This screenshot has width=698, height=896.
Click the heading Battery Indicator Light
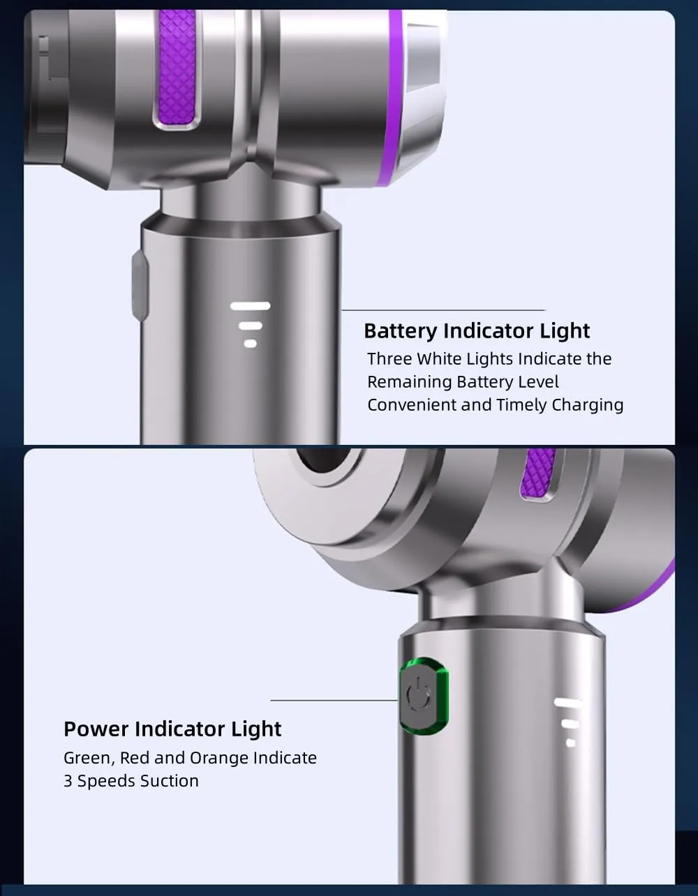[x=477, y=331]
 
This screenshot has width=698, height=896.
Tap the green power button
[x=424, y=697]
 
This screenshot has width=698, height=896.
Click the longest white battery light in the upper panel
[x=250, y=306]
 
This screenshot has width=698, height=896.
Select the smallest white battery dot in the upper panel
[x=250, y=344]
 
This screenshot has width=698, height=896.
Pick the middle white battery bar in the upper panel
[x=250, y=326]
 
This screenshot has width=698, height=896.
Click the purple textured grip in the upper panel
[x=177, y=68]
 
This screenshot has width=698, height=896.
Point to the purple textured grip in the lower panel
[x=538, y=473]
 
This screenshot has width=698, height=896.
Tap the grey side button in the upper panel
[x=140, y=285]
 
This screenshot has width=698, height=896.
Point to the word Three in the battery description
[x=389, y=358]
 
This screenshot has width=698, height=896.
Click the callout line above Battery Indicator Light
[x=444, y=310]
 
